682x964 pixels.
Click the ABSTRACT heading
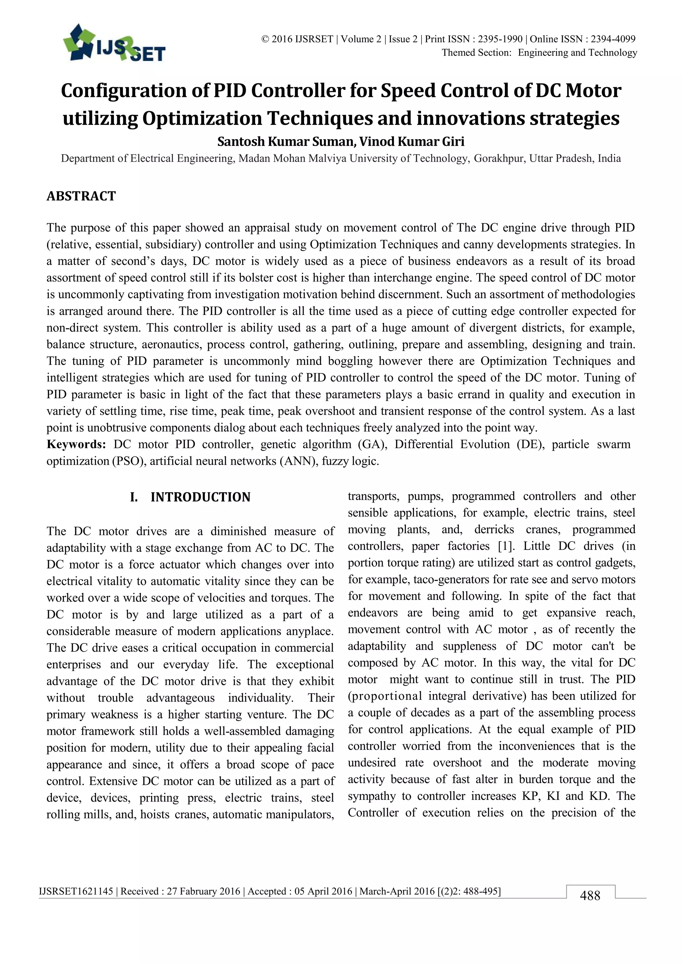click(81, 196)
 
